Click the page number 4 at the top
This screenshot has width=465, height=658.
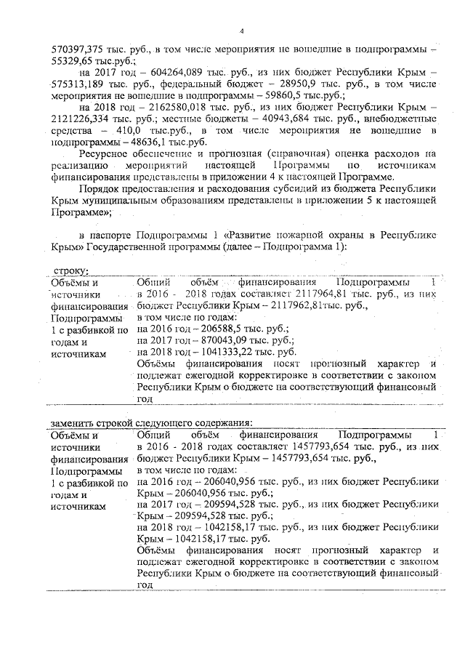(240, 31)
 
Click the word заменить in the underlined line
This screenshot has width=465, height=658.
(76, 422)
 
